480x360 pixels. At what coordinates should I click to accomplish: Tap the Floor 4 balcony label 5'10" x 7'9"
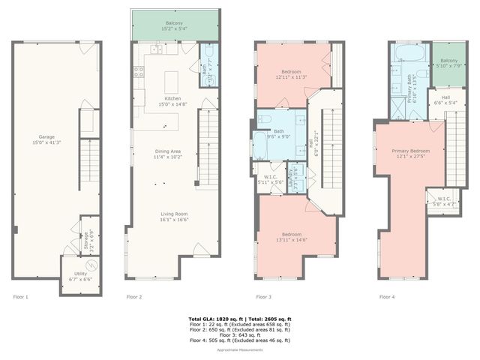(x=448, y=63)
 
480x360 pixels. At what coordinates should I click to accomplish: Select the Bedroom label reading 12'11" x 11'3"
(x=292, y=74)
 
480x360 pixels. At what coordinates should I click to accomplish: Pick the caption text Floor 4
(x=386, y=298)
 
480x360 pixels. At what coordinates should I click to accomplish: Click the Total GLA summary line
(x=239, y=319)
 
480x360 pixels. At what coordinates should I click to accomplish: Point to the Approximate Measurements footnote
(x=239, y=350)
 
